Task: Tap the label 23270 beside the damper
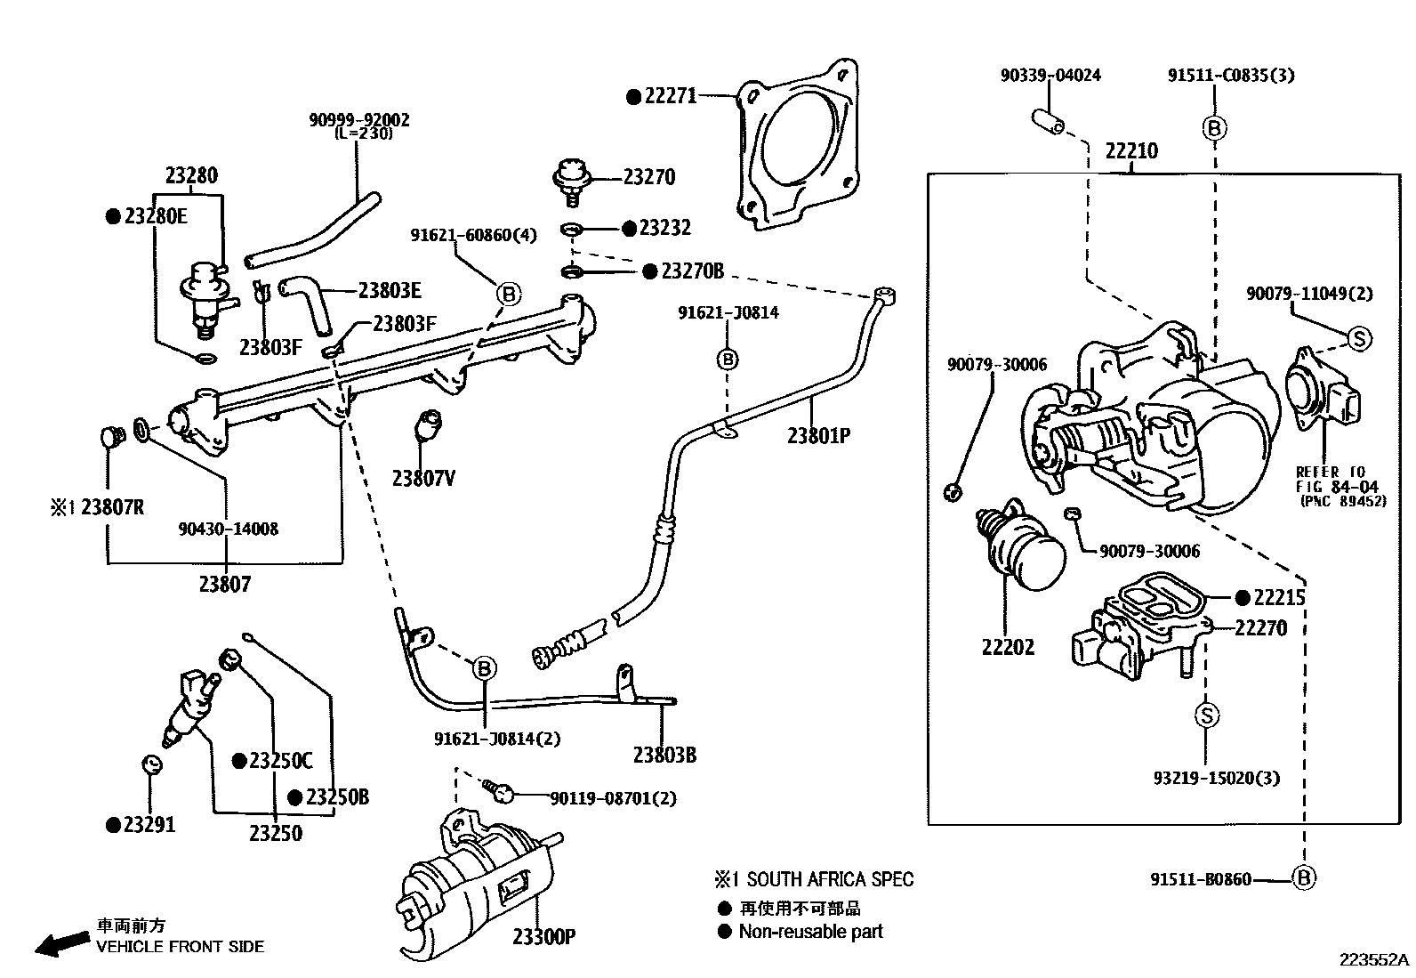(648, 177)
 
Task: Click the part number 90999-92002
(359, 120)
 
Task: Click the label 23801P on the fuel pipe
(818, 436)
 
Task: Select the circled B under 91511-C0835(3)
(1214, 128)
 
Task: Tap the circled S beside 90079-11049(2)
(1359, 338)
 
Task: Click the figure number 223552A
(1374, 960)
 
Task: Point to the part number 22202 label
(1008, 647)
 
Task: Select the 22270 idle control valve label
(1260, 628)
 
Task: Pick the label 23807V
(423, 479)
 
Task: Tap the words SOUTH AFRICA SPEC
(829, 880)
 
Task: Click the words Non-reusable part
(810, 932)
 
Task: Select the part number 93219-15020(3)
(1216, 779)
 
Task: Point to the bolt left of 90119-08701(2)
(495, 788)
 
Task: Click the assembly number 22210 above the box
(1131, 151)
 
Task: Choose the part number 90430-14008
(228, 529)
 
